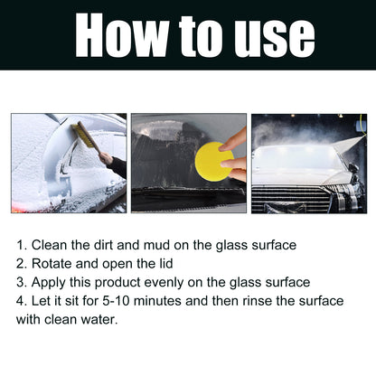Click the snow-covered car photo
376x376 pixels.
(x=69, y=163)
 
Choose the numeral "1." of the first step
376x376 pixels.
(x=21, y=245)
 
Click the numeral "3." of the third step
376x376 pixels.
(x=21, y=282)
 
